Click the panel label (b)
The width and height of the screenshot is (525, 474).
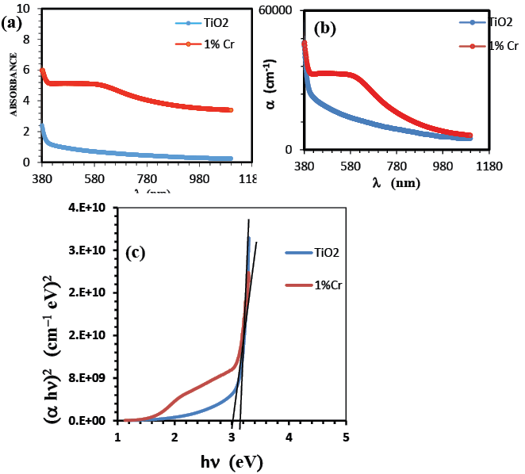pos(326,30)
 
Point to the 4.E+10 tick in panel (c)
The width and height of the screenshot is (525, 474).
pos(89,208)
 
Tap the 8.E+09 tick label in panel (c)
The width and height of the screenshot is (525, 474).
pos(89,378)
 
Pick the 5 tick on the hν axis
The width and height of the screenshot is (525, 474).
pos(346,437)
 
